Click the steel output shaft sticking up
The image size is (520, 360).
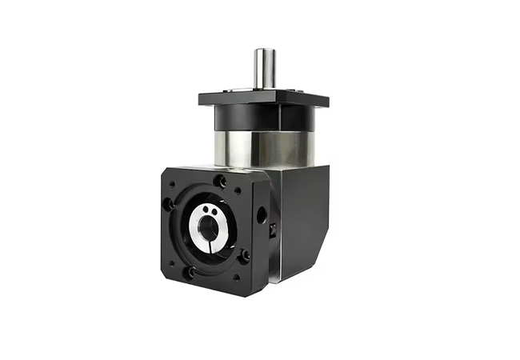pyautogui.click(x=265, y=69)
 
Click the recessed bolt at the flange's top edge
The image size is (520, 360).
pyautogui.click(x=223, y=182)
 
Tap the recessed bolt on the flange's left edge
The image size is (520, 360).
pyautogui.click(x=170, y=203)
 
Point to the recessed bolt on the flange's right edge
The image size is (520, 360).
pyautogui.click(x=244, y=256)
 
